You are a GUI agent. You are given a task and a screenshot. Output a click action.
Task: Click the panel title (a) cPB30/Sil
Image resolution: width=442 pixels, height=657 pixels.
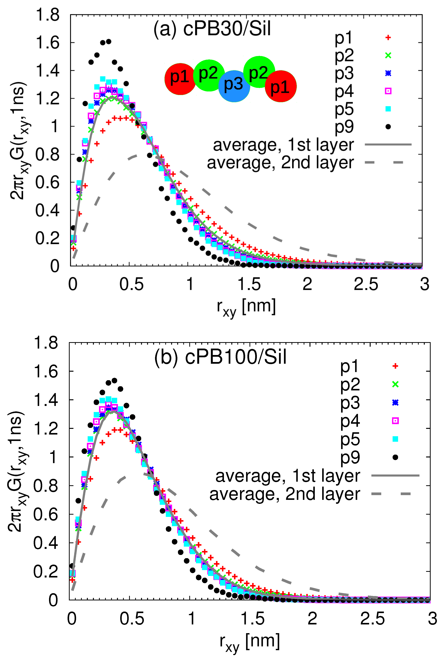pyautogui.click(x=212, y=29)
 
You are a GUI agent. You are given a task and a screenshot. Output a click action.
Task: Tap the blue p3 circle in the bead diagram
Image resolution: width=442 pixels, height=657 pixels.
pyautogui.click(x=234, y=86)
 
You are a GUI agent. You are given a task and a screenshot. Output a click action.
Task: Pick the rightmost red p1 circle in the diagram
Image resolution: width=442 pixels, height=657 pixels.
pyautogui.click(x=281, y=86)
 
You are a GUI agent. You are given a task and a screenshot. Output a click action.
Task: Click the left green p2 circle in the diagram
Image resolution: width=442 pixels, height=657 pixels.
pyautogui.click(x=209, y=75)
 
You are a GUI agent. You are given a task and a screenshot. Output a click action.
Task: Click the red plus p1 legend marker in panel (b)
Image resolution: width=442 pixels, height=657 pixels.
pyautogui.click(x=395, y=366)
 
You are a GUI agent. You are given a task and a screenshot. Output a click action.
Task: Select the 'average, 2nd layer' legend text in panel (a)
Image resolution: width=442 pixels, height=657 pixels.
pyautogui.click(x=280, y=163)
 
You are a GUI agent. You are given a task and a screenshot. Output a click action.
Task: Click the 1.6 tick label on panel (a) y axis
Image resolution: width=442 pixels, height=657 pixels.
pyautogui.click(x=47, y=43)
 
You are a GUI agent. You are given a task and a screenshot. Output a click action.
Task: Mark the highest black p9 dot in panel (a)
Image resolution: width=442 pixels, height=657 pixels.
pyautogui.click(x=108, y=41)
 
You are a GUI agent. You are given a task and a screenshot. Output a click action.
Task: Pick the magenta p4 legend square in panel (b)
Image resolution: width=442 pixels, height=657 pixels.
pyautogui.click(x=395, y=421)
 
